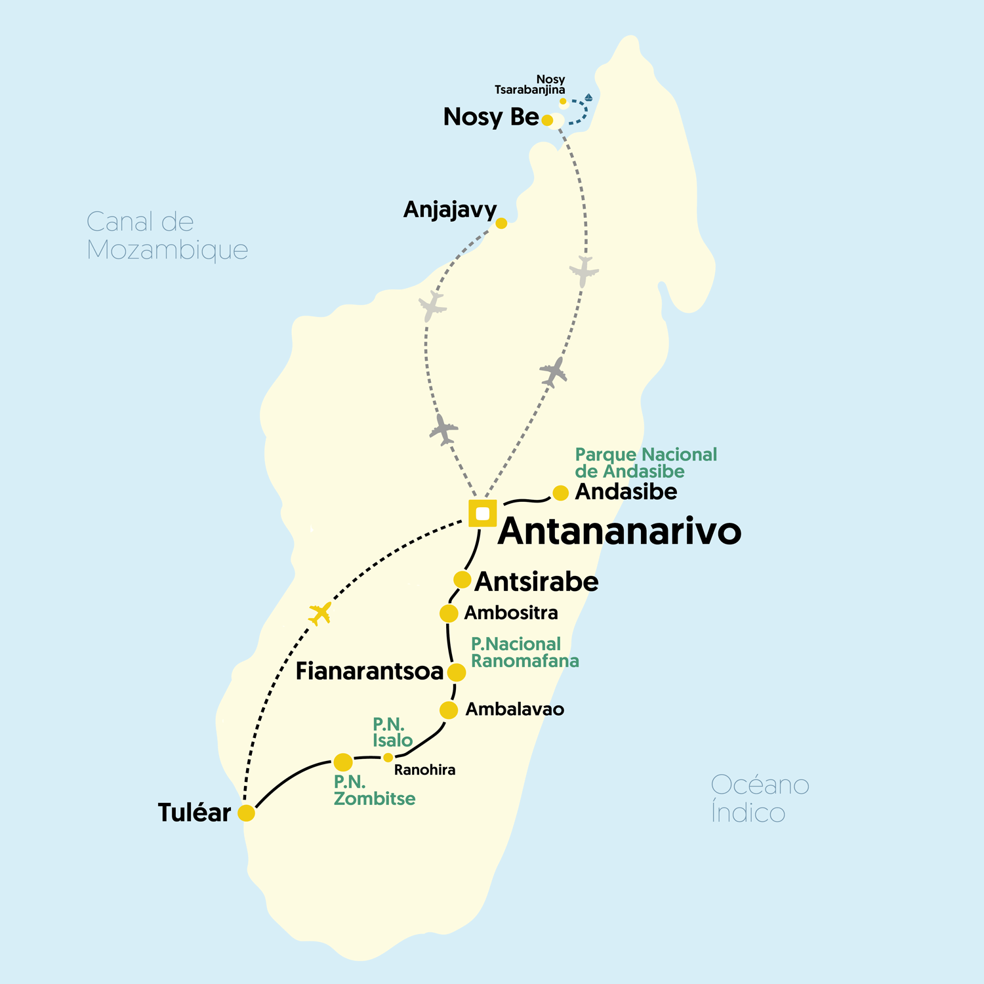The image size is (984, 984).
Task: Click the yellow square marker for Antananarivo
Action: tap(482, 513)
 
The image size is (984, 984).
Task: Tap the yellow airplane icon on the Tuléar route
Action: tap(320, 613)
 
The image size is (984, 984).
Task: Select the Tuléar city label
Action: tap(194, 813)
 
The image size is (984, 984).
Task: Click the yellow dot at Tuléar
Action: tap(246, 813)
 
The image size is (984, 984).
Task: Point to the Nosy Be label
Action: tap(491, 117)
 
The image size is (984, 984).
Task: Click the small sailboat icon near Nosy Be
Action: tap(588, 98)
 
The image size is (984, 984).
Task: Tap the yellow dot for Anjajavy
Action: tap(501, 223)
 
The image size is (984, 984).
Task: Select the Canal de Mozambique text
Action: tap(167, 236)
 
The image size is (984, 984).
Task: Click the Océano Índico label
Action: tap(760, 798)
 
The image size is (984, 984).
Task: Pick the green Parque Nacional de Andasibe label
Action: tap(646, 462)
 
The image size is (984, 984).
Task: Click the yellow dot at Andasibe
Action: tap(560, 493)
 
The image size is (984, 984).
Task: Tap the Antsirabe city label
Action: tap(536, 582)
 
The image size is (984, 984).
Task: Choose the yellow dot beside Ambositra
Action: tap(449, 613)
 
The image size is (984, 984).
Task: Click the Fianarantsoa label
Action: tap(369, 672)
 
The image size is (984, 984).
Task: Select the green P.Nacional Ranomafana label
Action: tap(524, 652)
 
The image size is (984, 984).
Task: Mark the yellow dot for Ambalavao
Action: tap(449, 710)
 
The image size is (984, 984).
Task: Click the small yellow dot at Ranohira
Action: tap(388, 758)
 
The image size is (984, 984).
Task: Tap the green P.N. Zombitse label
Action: tap(374, 790)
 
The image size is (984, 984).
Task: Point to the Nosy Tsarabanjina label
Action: tap(530, 85)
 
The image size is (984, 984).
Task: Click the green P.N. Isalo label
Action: tap(392, 732)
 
